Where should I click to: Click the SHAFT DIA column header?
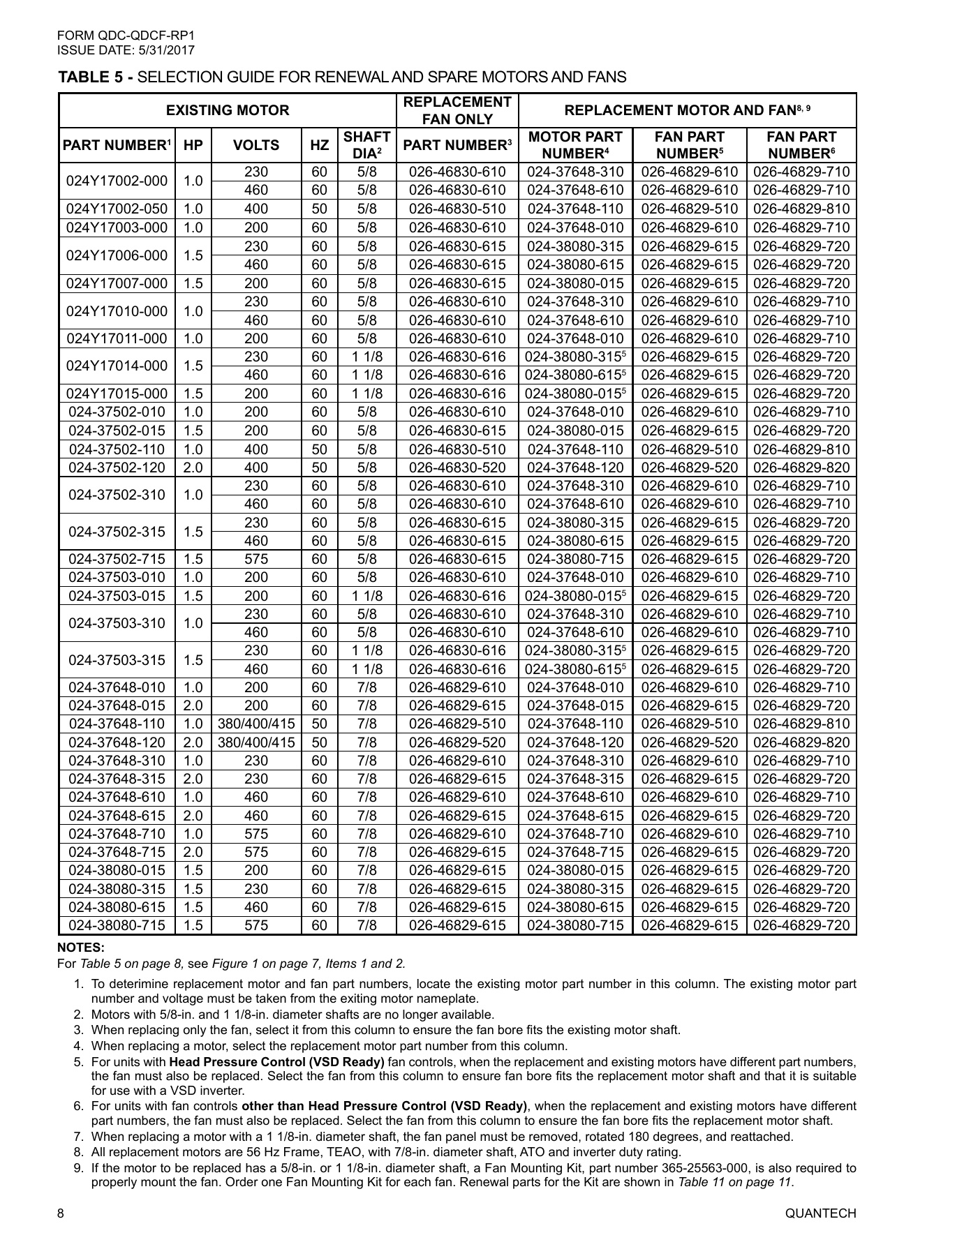click(366, 145)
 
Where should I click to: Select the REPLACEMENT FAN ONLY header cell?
click(457, 110)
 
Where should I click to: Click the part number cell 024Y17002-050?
click(117, 209)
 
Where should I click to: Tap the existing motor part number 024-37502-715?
click(117, 559)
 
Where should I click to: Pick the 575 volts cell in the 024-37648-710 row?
click(256, 834)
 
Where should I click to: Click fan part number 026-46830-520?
click(457, 468)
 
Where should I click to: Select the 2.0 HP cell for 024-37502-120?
click(193, 468)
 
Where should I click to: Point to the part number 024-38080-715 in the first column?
click(117, 925)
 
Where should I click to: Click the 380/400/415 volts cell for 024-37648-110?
click(256, 724)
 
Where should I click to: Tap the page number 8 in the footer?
click(61, 1233)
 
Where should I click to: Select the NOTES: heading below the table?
click(80, 948)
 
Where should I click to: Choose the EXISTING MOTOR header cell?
click(228, 110)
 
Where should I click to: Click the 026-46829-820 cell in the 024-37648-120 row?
click(801, 742)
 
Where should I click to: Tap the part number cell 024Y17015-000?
click(117, 394)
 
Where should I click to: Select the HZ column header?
click(320, 145)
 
